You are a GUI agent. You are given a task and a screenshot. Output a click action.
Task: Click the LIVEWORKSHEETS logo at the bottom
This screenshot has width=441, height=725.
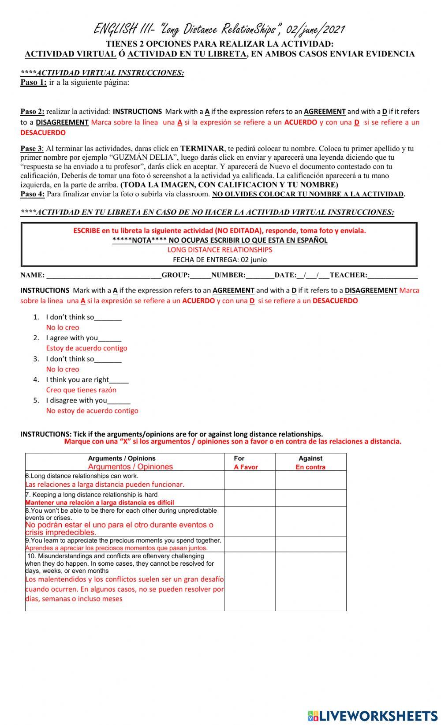[x=373, y=715]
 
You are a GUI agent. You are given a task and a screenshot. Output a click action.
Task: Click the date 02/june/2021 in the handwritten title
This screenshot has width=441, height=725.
[x=315, y=30]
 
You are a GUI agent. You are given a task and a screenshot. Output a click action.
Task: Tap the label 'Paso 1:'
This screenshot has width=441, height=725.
[x=34, y=83]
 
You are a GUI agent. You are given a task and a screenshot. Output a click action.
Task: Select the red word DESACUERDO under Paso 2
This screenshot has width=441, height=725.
[x=43, y=132]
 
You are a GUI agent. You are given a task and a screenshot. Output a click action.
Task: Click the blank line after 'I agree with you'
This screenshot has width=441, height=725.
[x=110, y=338]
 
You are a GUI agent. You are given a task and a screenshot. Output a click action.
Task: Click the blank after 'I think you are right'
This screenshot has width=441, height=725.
[x=119, y=380]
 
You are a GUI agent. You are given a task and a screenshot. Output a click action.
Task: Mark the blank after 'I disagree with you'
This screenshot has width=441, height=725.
[x=119, y=401]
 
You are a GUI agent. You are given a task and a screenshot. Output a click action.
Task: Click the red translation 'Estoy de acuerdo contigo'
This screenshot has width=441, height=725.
[x=86, y=348]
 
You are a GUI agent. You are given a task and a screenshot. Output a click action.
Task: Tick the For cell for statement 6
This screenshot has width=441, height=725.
[x=250, y=480]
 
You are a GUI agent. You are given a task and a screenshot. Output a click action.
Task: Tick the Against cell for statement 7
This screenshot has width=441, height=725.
[x=310, y=498]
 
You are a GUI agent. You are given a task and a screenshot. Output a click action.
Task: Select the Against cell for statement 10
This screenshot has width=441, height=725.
[x=310, y=581]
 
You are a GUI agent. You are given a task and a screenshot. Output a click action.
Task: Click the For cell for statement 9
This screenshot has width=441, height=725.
[x=250, y=544]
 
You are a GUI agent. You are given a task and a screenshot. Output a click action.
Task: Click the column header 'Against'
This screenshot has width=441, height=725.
[x=310, y=458]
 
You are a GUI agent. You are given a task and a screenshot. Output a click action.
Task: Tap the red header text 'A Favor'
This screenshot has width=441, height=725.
[x=246, y=467]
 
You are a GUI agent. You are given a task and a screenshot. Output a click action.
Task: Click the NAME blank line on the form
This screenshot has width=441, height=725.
[x=104, y=275]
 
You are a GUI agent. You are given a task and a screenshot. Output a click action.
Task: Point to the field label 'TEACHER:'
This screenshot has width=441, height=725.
[x=348, y=275]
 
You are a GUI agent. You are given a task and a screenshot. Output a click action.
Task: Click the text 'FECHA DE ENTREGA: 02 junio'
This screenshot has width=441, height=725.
[x=220, y=259]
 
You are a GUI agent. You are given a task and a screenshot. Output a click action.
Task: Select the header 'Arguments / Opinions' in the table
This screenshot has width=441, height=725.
[x=122, y=458]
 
